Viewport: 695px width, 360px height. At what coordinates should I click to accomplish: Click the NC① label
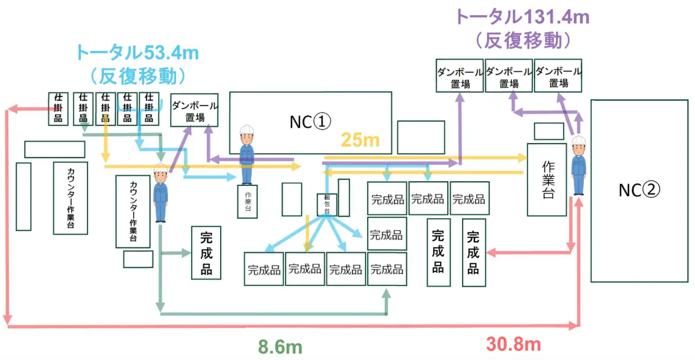[310, 122]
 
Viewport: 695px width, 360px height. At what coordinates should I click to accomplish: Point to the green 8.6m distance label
[280, 347]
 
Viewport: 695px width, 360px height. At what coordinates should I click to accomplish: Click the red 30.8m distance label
[514, 345]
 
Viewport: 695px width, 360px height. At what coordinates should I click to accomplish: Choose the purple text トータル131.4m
[522, 17]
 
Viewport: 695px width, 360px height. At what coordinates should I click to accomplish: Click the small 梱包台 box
[327, 205]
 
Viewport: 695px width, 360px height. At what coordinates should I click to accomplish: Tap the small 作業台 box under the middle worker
[247, 201]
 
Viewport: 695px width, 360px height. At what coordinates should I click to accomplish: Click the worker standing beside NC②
[579, 166]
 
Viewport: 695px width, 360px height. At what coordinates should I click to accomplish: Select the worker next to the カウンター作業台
[160, 193]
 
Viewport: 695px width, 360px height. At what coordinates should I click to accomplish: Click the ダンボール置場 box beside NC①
[195, 111]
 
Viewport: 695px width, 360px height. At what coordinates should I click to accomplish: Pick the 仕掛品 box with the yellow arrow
[105, 108]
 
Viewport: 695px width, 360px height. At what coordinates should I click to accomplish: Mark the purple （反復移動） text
[522, 41]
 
